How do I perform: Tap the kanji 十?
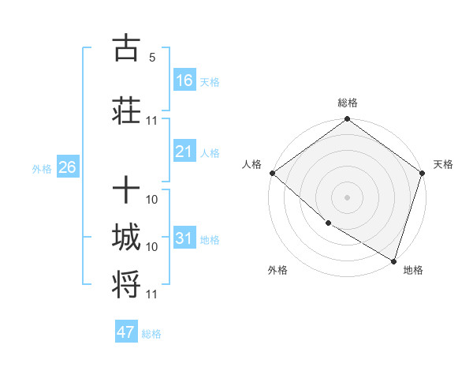click(x=127, y=190)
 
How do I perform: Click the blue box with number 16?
click(x=184, y=81)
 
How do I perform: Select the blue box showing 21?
click(x=184, y=152)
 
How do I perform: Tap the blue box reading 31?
click(x=184, y=238)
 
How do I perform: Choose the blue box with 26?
click(x=67, y=167)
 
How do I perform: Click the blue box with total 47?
click(x=126, y=332)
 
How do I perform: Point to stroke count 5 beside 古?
click(x=152, y=58)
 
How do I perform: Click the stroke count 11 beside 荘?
click(x=152, y=120)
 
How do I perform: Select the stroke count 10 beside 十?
click(x=152, y=200)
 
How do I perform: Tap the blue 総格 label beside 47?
click(x=151, y=334)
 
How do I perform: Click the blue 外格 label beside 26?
click(x=42, y=168)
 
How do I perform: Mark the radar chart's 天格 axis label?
click(x=443, y=164)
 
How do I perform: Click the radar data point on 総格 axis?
click(x=347, y=120)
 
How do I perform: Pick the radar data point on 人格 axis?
click(x=272, y=173)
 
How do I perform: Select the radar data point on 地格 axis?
click(x=393, y=260)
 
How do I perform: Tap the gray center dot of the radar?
click(x=347, y=197)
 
